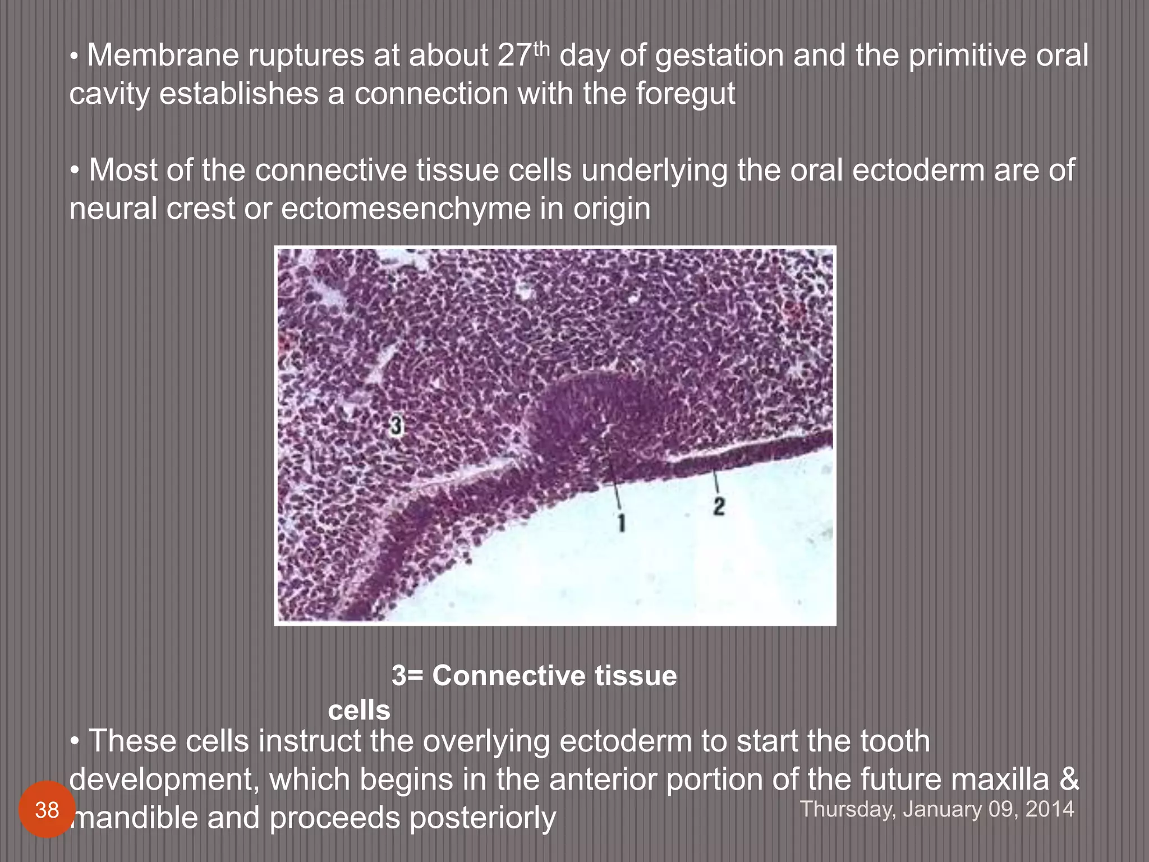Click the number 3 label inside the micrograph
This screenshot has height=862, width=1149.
tap(396, 427)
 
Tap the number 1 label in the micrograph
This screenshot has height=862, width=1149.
tap(622, 523)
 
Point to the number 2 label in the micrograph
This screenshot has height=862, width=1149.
tap(719, 506)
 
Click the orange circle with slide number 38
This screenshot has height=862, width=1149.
tap(47, 810)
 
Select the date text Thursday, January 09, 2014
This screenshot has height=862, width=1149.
tap(936, 809)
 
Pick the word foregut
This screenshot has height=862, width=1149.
tap(685, 94)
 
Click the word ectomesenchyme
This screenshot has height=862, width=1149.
tap(406, 209)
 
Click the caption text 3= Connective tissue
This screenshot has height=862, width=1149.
tap(534, 675)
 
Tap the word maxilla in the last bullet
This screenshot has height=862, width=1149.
tap(1002, 780)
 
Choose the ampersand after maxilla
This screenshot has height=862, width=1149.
tap(1069, 780)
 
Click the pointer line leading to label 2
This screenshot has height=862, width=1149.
tap(715, 482)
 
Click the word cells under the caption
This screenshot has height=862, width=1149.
tap(359, 711)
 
